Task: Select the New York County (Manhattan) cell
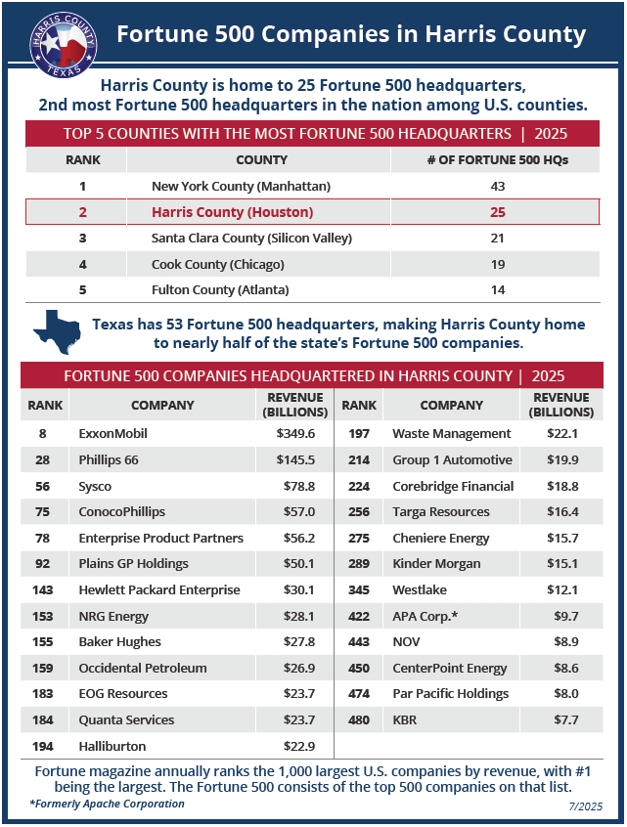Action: (241, 186)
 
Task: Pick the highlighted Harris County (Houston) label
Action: (232, 211)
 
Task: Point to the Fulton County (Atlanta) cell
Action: (220, 290)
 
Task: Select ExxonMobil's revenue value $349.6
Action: (295, 433)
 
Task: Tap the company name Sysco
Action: (95, 486)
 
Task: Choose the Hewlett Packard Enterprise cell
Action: (159, 589)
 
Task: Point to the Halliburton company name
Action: (112, 746)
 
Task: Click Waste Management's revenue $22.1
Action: (560, 433)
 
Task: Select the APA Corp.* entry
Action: (425, 616)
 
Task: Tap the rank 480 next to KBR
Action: (359, 719)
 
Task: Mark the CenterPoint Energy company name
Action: (436, 668)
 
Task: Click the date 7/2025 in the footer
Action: (583, 805)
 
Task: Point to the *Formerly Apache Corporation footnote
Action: (107, 804)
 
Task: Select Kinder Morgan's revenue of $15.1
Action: (560, 563)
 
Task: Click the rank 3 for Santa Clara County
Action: (82, 238)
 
